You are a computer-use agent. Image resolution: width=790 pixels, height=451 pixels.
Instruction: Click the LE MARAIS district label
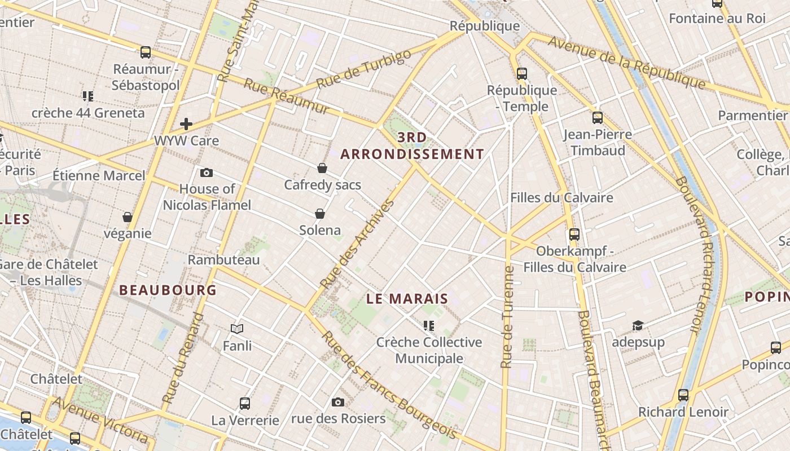point(407,299)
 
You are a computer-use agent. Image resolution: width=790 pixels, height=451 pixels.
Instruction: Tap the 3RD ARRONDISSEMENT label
point(412,146)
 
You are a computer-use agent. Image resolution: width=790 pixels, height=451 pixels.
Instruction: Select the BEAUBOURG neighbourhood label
point(168,290)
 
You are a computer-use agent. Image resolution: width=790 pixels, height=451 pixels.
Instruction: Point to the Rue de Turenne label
point(508,317)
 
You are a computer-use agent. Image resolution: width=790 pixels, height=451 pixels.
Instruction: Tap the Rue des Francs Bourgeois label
point(389,385)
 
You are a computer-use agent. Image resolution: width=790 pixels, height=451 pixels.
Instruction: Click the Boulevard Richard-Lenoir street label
point(695,254)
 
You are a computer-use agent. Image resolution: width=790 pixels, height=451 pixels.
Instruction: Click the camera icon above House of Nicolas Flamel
point(207,173)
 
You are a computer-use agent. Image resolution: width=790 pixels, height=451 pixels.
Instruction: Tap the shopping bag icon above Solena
point(320,214)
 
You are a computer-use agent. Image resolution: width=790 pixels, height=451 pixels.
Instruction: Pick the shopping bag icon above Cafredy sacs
point(322,168)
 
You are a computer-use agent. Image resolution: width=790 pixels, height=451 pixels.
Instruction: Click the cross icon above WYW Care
point(186,124)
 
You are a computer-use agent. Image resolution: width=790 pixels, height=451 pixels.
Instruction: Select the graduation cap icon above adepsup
point(638,325)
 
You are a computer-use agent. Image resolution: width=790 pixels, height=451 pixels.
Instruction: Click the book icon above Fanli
point(237,329)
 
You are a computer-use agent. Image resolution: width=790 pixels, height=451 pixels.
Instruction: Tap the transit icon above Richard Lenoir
point(683,395)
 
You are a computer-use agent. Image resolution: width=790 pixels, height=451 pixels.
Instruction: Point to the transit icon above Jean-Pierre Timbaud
point(598,118)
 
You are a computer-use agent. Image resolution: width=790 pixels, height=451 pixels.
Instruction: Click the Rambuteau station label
point(223,260)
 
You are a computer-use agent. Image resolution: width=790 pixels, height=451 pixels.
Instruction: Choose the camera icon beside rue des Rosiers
point(338,402)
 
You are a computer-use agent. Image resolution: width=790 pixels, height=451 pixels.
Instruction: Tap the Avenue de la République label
point(626,63)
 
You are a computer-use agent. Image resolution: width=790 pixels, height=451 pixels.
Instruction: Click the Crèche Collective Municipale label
point(429,350)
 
